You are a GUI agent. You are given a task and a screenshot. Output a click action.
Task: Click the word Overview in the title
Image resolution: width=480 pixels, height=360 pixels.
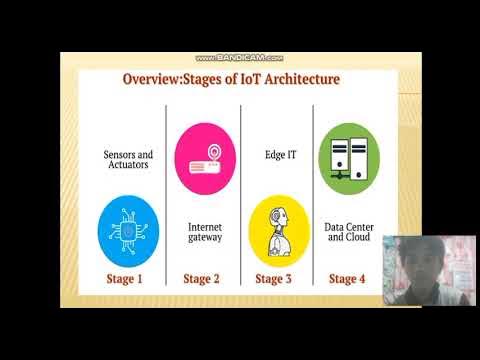[x=150, y=78]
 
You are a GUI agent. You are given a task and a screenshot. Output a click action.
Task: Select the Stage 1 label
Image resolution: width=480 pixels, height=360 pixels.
[x=125, y=279]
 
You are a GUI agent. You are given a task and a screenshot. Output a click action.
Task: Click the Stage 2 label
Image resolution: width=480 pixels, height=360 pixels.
[x=202, y=279]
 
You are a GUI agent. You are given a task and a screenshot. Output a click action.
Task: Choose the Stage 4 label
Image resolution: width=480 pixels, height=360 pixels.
[x=347, y=279]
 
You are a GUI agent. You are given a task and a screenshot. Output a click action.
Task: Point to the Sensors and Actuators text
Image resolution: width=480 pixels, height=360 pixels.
[x=128, y=161]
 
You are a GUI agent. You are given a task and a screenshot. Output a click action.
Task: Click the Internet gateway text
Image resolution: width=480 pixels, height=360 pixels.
[x=205, y=232]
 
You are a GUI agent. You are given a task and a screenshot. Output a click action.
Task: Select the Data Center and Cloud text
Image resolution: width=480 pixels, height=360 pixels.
[x=348, y=232]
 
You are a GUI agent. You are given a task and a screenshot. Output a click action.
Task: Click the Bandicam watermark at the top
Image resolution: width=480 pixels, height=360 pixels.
[x=239, y=58]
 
